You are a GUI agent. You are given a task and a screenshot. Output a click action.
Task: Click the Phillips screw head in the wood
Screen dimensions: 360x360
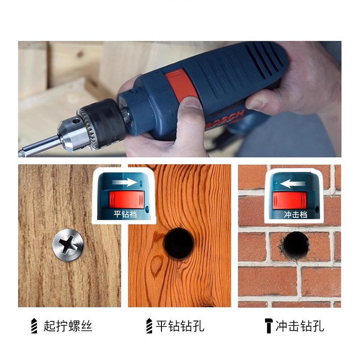click(68, 245)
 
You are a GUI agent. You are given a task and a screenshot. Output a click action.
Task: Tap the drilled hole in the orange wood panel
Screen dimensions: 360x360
click(179, 243)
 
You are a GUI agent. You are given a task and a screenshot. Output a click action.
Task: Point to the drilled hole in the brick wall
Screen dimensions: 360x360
click(296, 245)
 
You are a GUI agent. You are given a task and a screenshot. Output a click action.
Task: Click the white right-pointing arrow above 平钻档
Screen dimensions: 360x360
click(125, 183)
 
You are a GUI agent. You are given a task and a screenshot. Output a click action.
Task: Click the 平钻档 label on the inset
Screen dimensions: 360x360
click(125, 214)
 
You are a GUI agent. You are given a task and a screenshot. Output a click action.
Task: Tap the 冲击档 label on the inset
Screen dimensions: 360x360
click(296, 215)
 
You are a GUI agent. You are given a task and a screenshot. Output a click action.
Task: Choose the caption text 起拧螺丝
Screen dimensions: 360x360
click(68, 326)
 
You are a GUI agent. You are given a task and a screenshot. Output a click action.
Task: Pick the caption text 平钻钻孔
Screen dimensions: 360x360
click(180, 326)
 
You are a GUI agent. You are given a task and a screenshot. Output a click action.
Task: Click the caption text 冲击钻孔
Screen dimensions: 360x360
click(300, 326)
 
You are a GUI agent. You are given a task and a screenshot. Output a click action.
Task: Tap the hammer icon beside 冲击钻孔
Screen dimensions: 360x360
click(268, 326)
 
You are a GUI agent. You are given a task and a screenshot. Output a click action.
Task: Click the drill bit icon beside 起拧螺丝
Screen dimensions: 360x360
click(34, 326)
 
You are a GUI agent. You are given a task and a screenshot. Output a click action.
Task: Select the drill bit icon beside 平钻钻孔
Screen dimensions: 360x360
click(149, 326)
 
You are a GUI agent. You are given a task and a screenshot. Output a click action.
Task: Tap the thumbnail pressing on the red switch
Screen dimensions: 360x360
click(192, 103)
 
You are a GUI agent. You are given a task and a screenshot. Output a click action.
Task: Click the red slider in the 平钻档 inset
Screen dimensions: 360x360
click(126, 199)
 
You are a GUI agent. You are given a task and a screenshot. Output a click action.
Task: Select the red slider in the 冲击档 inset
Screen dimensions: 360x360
click(289, 200)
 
